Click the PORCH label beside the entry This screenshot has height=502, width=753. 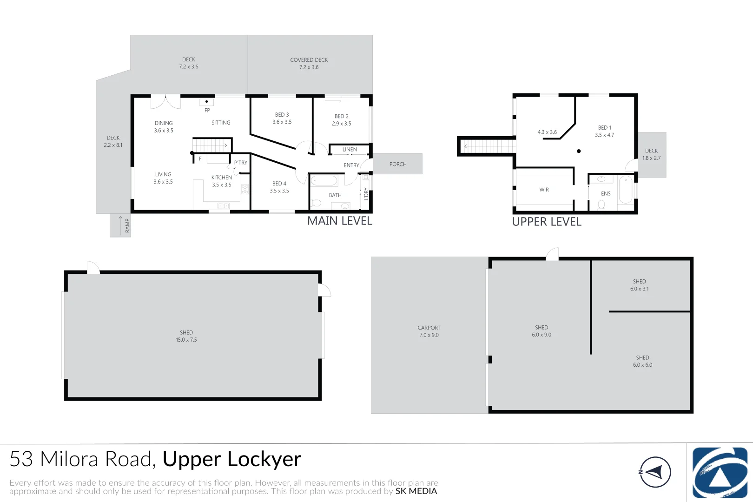coord(398,164)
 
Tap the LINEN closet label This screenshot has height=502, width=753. coord(350,149)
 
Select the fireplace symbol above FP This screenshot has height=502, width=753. coord(206,102)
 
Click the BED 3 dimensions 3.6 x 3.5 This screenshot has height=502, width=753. coord(282,122)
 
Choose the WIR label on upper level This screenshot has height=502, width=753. coord(544,190)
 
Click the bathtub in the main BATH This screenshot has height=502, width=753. coord(324,181)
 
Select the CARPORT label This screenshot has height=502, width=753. coord(429,328)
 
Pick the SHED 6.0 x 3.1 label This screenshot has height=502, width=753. coord(640,285)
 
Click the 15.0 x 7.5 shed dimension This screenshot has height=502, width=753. coord(186,340)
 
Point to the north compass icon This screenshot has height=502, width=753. coord(655,472)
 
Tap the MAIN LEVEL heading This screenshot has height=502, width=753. coord(339,221)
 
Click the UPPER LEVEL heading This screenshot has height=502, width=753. coord(547,222)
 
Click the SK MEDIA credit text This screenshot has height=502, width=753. coord(416,491)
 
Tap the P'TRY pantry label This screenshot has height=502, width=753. coord(241,163)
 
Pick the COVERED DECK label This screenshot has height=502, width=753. coord(309,60)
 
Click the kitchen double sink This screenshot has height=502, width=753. coord(223,205)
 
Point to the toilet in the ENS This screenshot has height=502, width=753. coord(601,205)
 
